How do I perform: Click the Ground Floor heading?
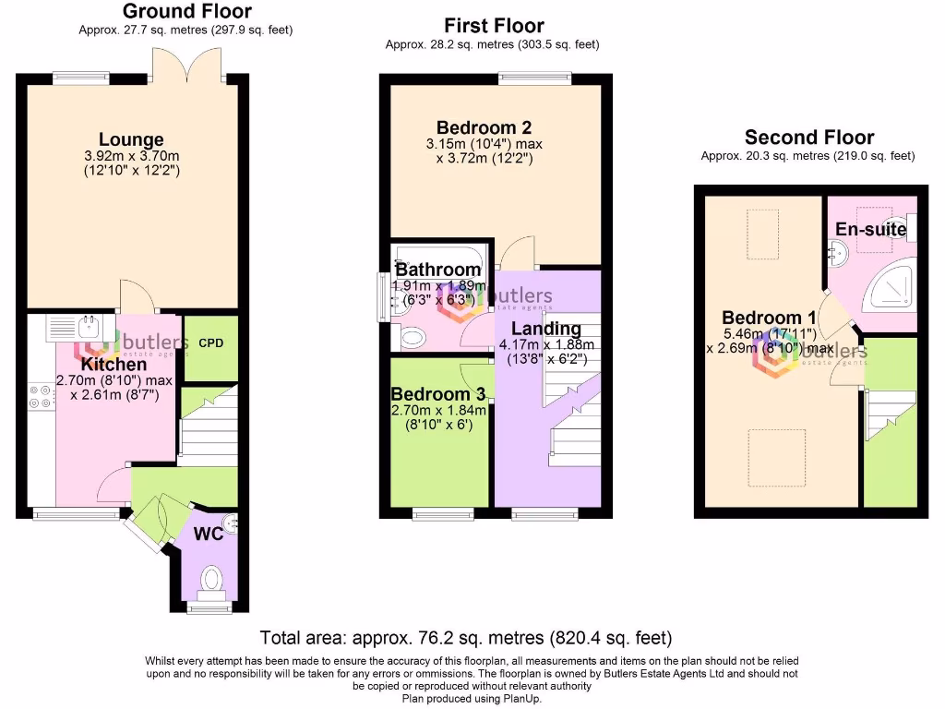tap(186, 11)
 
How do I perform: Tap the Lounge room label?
tap(132, 141)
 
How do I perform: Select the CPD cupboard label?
tap(211, 343)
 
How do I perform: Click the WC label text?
tap(208, 534)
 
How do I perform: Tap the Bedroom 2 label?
tap(484, 127)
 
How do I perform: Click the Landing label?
tap(545, 329)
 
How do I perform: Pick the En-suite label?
tap(870, 229)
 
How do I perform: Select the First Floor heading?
tap(494, 26)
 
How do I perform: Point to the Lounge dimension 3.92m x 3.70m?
tap(132, 157)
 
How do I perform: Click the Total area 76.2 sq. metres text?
tap(466, 638)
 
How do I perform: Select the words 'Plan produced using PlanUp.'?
tap(472, 699)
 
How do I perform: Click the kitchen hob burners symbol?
tap(41, 395)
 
